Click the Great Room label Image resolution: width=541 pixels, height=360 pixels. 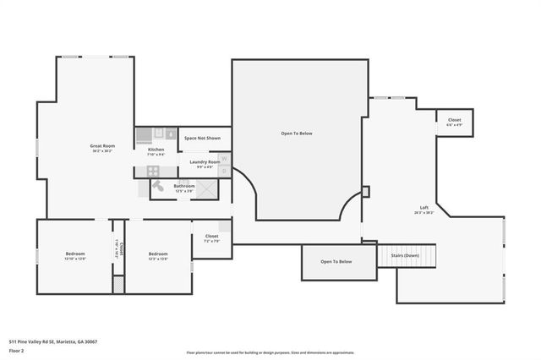coord(102,146)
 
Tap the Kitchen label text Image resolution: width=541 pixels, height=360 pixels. coord(156,150)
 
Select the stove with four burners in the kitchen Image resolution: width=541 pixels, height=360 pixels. coord(155,171)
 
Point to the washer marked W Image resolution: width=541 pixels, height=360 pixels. coord(225,158)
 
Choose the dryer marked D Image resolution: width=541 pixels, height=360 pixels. coord(225,171)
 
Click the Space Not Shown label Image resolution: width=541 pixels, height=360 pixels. coord(202,138)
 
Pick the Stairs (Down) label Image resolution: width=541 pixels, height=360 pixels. coord(404,255)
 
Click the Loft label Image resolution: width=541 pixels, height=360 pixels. coord(424,208)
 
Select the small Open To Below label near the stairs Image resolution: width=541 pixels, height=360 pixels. coord(336,262)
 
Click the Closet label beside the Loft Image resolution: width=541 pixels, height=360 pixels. coord(454,121)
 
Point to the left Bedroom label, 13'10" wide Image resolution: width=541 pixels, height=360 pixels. coord(75,254)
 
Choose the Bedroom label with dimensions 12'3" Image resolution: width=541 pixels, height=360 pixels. coord(158,254)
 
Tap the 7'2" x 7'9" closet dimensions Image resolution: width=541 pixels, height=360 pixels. coord(211,242)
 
